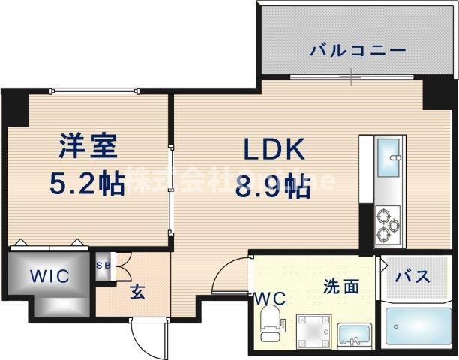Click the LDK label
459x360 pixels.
coord(272,150)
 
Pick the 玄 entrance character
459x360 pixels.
coord(137,291)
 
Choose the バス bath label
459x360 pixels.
coord(412,277)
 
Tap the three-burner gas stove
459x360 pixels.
coord(391,223)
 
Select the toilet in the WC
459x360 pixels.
coord(270,326)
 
